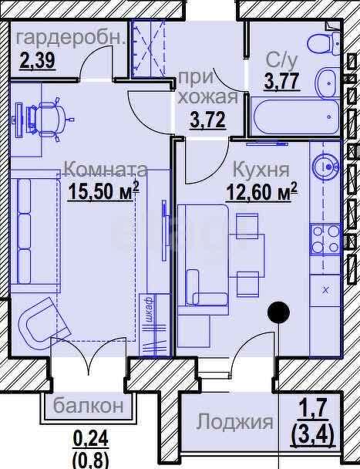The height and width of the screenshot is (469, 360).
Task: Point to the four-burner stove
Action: (325, 239)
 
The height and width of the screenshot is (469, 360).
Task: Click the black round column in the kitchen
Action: (278, 312)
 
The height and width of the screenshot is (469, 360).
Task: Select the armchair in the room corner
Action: (42, 322)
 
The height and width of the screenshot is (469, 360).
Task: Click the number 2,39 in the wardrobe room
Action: (38, 60)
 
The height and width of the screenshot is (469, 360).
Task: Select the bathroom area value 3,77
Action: (281, 81)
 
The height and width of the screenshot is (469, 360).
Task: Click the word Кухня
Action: (261, 170)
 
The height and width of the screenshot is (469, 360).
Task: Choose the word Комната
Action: (106, 169)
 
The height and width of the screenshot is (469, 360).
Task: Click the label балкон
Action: (89, 405)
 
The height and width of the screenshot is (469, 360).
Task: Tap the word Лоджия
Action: (234, 422)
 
